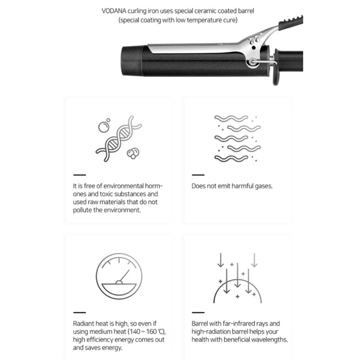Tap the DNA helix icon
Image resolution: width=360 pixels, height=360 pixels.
pyautogui.click(x=119, y=139)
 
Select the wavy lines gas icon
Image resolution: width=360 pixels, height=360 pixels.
pyautogui.click(x=238, y=139)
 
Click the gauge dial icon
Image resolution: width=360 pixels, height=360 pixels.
pyautogui.click(x=119, y=276)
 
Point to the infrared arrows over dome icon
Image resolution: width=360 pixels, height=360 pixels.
pyautogui.click(x=238, y=278)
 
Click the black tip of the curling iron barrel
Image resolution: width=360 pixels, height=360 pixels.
pyautogui.click(x=132, y=61)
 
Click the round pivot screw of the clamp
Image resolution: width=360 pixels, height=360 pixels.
pyautogui.click(x=253, y=62)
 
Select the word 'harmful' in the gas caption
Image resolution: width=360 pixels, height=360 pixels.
pyautogui.click(x=243, y=186)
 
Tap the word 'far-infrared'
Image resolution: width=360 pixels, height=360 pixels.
pyautogui.click(x=239, y=323)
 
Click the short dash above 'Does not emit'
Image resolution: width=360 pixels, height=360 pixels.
pyautogui.click(x=198, y=175)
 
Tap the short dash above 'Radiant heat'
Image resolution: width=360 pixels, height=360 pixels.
pyautogui.click(x=79, y=313)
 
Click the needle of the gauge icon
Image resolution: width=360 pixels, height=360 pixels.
pyautogui.click(x=125, y=276)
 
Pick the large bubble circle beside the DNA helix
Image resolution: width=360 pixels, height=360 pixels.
pyautogui.click(x=104, y=127)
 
